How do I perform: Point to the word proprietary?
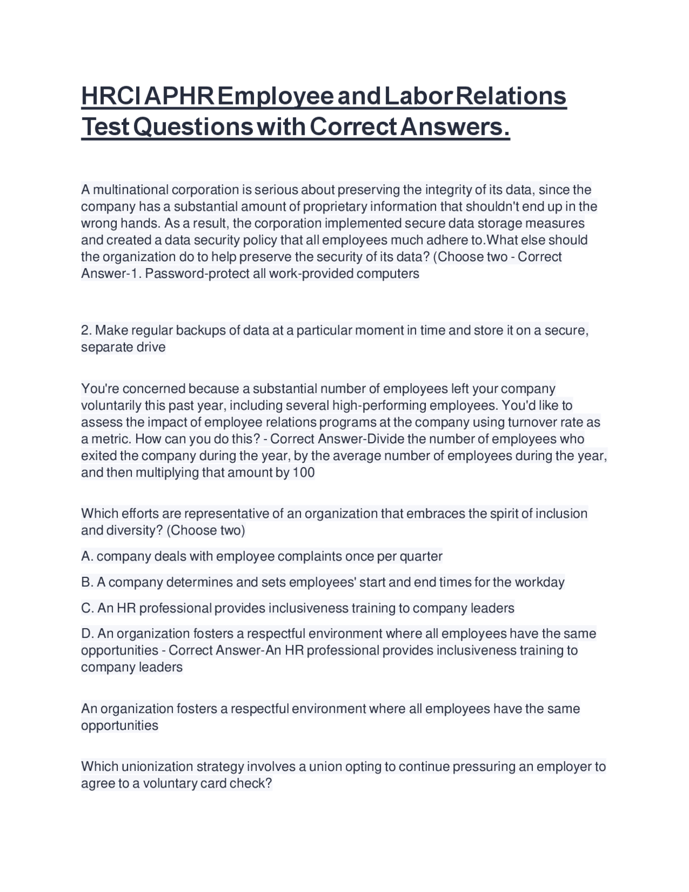tap(335, 206)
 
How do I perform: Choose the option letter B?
tap(86, 582)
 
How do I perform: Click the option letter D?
tap(86, 633)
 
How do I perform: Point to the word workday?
tap(539, 582)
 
